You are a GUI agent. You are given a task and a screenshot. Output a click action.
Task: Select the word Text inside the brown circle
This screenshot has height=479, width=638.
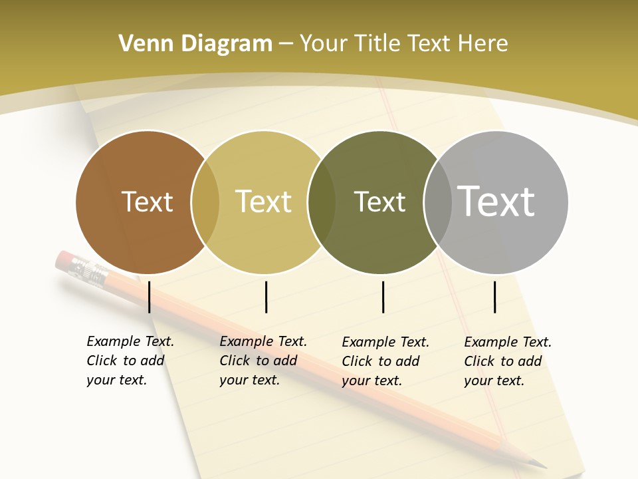tap(147, 202)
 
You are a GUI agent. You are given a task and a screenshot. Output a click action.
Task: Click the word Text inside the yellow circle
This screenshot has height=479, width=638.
tap(263, 202)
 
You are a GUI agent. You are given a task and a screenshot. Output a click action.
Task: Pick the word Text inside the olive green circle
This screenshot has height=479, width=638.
tap(379, 202)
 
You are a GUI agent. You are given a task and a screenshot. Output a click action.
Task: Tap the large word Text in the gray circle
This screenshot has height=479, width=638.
tap(496, 201)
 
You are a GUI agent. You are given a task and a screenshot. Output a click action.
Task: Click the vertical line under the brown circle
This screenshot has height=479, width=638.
tap(149, 297)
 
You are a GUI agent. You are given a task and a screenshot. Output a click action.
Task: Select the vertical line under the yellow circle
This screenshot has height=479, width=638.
tap(266, 297)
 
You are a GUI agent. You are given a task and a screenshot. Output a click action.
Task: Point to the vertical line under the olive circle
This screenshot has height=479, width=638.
tap(383, 297)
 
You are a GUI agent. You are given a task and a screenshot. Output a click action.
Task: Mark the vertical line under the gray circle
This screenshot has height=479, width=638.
tap(494, 297)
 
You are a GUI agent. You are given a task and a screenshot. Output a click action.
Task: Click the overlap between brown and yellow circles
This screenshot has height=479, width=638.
tap(205, 202)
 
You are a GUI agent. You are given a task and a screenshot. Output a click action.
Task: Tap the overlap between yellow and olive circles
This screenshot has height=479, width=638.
tap(322, 202)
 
